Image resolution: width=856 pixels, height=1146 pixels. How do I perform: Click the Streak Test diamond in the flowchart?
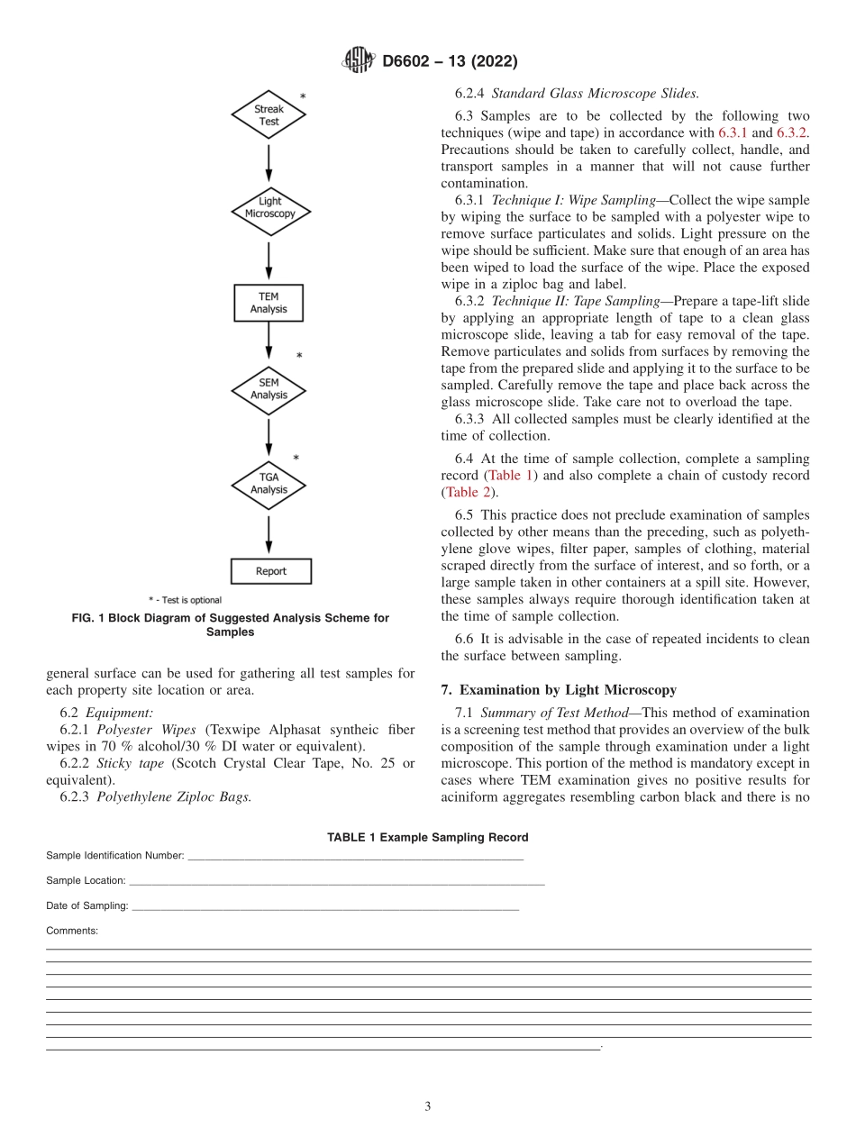tap(269, 115)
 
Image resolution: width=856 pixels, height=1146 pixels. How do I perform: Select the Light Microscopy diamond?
tap(269, 208)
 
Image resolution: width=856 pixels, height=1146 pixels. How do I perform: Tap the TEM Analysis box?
tap(269, 303)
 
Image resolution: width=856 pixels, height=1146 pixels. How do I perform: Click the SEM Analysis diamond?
tap(269, 390)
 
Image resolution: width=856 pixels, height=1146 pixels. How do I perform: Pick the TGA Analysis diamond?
tap(269, 484)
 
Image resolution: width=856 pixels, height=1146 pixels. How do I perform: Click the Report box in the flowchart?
tap(270, 571)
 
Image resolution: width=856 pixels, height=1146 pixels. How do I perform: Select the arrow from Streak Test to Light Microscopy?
tap(269, 163)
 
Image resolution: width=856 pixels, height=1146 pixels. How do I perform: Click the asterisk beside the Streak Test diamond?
tap(303, 97)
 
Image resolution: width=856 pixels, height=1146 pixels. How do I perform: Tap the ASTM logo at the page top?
tap(359, 61)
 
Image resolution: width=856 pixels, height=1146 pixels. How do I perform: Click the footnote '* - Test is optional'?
tap(185, 600)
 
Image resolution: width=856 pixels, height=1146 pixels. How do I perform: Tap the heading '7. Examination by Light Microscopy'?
tap(559, 690)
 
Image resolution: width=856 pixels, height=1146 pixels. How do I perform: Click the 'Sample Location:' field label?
tap(86, 880)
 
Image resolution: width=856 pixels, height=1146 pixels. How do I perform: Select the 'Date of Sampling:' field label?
tap(87, 905)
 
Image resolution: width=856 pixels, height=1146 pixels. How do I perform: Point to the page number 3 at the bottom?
tap(428, 1106)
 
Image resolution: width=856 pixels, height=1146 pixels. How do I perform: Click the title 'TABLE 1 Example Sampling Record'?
tap(427, 837)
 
